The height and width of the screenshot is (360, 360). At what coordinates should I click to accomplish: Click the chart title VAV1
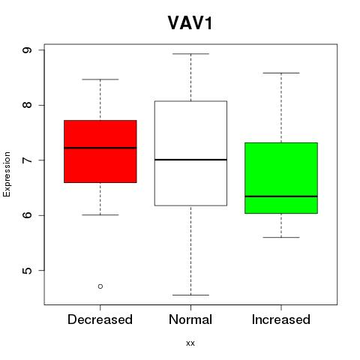[x=190, y=23]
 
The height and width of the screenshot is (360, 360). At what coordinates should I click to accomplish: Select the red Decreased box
[x=100, y=151]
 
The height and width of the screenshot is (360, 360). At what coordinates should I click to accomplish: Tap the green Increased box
[x=281, y=178]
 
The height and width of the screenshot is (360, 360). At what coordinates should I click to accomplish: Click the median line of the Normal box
[x=190, y=160]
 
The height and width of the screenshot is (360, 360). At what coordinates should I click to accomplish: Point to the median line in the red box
[x=100, y=148]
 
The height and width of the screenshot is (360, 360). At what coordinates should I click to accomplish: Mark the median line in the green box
[x=281, y=196]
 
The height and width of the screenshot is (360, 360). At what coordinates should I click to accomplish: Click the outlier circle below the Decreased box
[x=100, y=286]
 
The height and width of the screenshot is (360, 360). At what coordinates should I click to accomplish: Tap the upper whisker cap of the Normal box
[x=190, y=54]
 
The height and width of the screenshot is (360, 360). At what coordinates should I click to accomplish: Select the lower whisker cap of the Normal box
[x=190, y=295]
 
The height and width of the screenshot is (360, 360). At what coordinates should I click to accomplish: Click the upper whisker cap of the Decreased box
[x=100, y=79]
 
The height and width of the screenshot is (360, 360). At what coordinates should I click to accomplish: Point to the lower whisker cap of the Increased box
[x=281, y=237]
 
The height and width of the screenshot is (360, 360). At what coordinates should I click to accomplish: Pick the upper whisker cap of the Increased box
[x=281, y=73]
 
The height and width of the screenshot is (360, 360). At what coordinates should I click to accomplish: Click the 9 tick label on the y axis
[x=27, y=50]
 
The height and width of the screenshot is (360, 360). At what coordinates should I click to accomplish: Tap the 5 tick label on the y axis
[x=27, y=271]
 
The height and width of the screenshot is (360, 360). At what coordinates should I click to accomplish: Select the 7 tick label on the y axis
[x=27, y=160]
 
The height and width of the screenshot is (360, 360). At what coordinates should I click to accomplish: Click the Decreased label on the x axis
[x=100, y=319]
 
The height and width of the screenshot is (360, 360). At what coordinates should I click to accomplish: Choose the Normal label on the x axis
[x=190, y=319]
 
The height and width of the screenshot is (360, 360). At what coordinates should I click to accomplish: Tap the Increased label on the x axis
[x=281, y=319]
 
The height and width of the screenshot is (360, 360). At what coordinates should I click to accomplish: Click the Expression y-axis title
[x=7, y=174]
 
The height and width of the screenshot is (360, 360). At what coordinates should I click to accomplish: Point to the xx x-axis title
[x=190, y=343]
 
